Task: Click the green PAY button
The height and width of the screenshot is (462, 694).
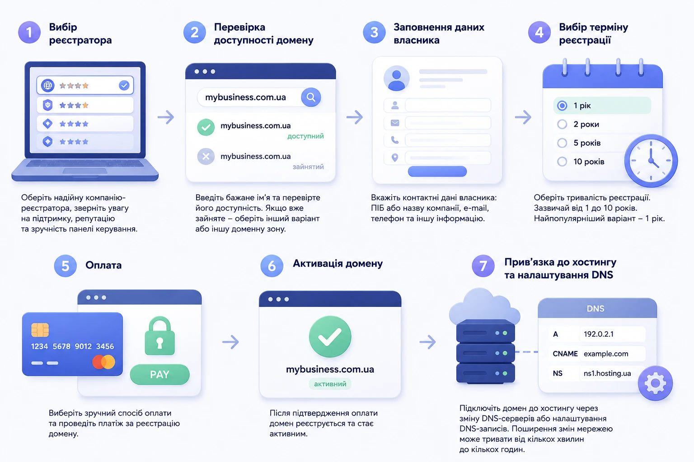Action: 159,374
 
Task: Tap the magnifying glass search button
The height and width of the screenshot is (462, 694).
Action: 311,97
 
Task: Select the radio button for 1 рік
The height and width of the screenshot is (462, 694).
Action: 562,106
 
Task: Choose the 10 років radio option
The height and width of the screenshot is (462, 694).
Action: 562,162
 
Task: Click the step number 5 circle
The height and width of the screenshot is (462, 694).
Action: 66,266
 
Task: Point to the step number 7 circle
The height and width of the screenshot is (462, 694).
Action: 483,266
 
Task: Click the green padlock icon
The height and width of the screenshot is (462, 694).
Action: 159,336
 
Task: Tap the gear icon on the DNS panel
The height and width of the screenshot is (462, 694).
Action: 655,383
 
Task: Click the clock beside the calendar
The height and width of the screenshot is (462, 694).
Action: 651,161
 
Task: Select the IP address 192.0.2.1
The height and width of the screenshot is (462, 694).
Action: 599,334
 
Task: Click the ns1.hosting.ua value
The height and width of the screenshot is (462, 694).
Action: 607,374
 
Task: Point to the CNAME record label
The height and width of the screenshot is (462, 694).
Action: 565,354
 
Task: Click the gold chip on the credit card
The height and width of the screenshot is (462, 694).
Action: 40,330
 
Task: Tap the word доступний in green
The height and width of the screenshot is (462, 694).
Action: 305,136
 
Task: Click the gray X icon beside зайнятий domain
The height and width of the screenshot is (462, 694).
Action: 206,157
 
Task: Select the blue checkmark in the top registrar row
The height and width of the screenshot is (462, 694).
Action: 124,85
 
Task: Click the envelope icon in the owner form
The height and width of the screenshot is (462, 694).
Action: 395,123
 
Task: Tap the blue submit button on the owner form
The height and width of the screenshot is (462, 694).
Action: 437,171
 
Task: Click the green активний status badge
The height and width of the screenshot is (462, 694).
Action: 330,384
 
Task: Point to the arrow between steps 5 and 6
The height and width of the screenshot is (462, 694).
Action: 230,342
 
